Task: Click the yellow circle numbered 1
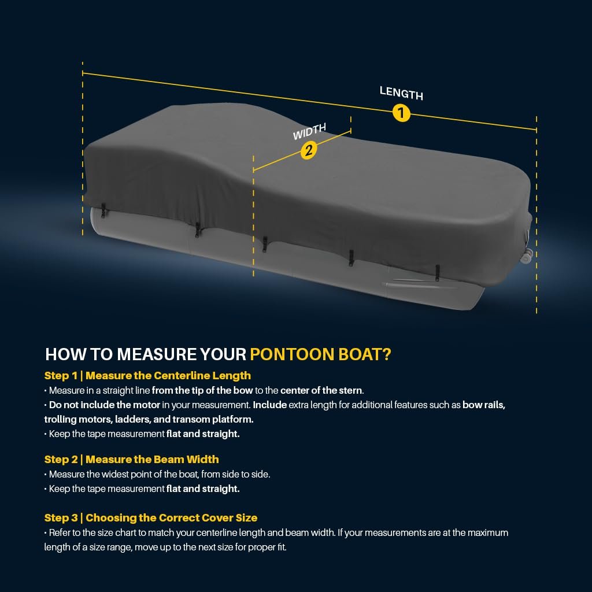401,113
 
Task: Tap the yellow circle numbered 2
309,151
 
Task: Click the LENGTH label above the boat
401,93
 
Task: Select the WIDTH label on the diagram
310,131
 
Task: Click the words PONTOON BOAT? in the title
320,354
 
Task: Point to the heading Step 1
61,376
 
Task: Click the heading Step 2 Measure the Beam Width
131,460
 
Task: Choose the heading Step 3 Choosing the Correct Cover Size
151,517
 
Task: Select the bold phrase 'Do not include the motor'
105,405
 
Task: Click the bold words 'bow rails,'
484,405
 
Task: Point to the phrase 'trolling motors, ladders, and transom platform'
149,420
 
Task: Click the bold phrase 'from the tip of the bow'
202,390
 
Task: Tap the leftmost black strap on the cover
103,210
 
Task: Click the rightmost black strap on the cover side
437,273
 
